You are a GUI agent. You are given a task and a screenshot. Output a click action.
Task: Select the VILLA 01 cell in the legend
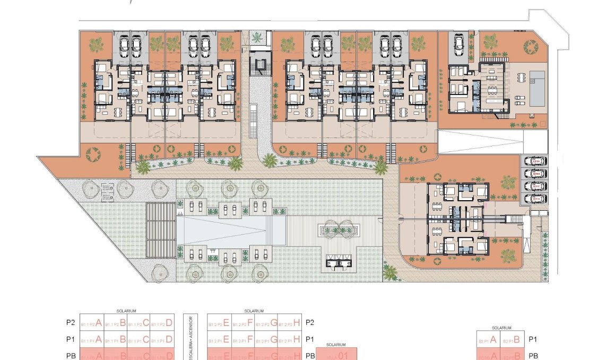click(337, 354)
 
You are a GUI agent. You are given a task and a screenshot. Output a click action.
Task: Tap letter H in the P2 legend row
click(297, 323)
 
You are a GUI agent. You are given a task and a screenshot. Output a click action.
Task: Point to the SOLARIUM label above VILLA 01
click(337, 345)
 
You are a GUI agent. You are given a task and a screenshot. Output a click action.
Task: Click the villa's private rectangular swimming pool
click(538, 88)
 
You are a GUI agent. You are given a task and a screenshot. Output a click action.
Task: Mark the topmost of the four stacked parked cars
click(535, 161)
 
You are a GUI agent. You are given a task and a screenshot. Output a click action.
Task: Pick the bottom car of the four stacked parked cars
click(535, 199)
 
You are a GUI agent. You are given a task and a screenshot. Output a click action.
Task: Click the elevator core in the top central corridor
click(259, 66)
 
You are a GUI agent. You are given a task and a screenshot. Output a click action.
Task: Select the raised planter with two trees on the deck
click(335, 230)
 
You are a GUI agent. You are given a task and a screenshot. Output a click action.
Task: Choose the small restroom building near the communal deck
click(337, 261)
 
